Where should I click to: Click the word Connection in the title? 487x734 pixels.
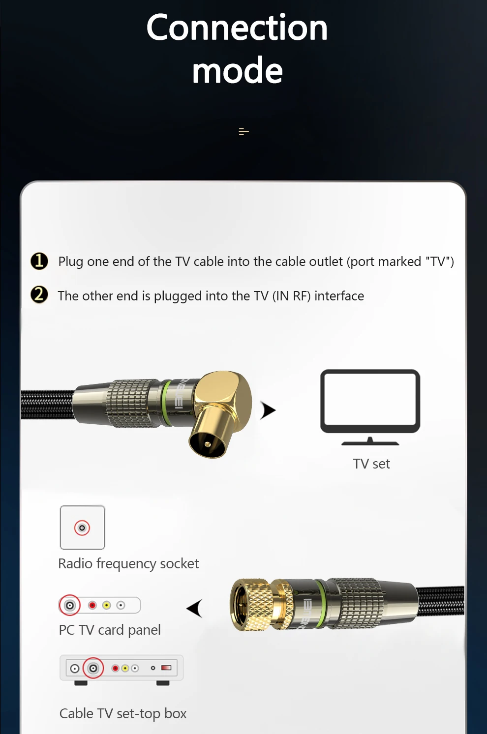click(237, 28)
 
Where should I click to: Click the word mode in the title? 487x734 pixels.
click(238, 70)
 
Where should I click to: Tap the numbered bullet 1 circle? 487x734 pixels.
click(39, 261)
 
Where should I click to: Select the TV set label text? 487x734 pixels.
click(371, 464)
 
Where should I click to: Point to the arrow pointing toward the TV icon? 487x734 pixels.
click(268, 410)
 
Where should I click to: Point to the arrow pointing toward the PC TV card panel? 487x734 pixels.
click(194, 608)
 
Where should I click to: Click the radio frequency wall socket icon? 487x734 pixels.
click(82, 528)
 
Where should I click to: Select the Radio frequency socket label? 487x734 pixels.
click(128, 564)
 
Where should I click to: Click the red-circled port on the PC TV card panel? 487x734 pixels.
click(69, 605)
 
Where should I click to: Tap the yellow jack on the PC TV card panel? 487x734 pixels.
click(106, 605)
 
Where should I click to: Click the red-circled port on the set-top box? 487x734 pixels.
click(93, 668)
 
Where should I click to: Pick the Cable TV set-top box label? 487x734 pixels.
click(123, 714)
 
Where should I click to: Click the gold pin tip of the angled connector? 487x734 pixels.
click(208, 444)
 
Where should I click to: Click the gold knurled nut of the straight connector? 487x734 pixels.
click(251, 605)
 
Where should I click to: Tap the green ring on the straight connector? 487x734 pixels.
click(321, 604)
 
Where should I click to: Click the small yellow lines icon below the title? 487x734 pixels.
click(243, 132)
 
